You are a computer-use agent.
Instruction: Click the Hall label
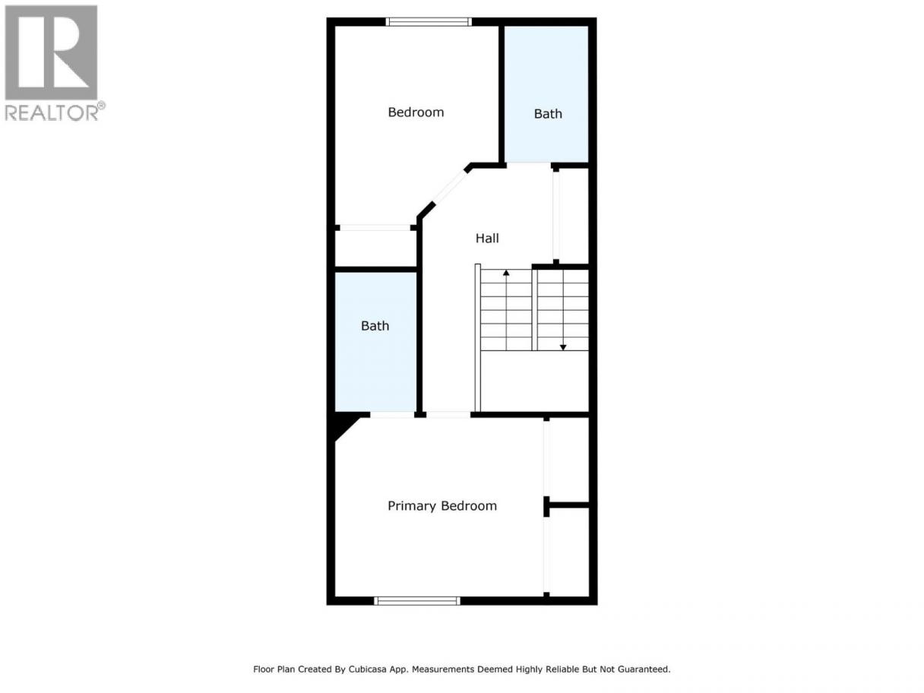coord(487,238)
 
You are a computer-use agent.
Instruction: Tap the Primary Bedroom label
coord(442,506)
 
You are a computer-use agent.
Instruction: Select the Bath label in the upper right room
coord(548,114)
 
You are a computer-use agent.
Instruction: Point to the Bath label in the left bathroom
coord(375,326)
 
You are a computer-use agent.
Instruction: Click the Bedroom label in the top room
coord(416,112)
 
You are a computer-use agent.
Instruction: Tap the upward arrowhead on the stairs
coord(506,273)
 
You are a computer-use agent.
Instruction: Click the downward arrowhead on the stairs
coord(563,347)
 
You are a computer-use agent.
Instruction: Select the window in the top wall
coord(429,22)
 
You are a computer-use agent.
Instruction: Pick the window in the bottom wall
coord(417,601)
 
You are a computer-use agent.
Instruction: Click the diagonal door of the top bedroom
coord(450,188)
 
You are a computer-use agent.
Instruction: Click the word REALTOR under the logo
coord(52,112)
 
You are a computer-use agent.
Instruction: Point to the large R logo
coord(52,52)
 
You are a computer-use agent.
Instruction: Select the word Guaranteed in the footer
coord(647,669)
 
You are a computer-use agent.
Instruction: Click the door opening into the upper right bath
coord(529,165)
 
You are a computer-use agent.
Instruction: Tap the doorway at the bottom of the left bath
coord(392,414)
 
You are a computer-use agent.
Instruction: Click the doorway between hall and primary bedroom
coord(448,414)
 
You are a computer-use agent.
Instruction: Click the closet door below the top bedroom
coord(375,228)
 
